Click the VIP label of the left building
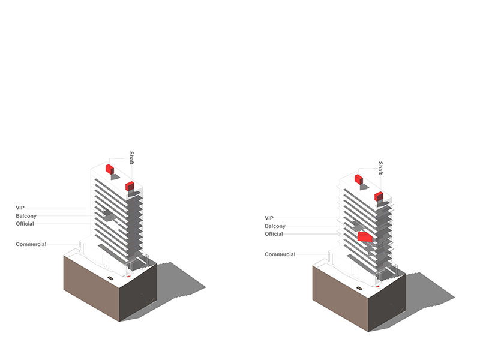point(20,208)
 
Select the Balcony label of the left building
point(26,216)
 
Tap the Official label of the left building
point(25,224)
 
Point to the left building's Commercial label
point(31,244)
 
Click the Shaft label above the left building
point(131,158)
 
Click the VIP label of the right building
point(269,218)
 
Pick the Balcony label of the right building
point(275,226)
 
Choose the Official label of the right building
point(274,234)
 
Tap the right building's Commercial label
point(280,254)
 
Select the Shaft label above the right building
point(380,168)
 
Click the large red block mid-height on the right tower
point(365,237)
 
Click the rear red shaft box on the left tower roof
point(110,169)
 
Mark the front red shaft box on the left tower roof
point(130,186)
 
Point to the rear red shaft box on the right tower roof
point(359,179)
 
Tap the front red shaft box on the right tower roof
point(379,197)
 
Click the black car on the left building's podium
point(110,278)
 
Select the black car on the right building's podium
point(359,288)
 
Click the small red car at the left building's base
point(128,276)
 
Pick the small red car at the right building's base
point(377,287)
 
